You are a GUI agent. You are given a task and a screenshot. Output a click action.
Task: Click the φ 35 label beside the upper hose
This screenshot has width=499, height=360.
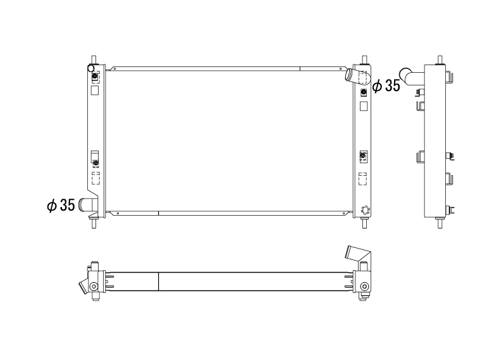(x=386, y=85)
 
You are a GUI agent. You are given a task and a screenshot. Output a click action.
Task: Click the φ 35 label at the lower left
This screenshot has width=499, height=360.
(x=61, y=205)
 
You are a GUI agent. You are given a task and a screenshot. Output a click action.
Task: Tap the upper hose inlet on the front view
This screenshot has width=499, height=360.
(x=358, y=77)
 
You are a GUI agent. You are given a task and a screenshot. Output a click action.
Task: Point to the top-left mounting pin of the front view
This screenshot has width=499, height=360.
(x=94, y=60)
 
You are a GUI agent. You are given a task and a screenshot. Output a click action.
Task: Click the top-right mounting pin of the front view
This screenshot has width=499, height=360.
(x=364, y=60)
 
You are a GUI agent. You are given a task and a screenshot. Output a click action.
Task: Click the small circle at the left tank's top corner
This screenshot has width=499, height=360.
(x=90, y=68)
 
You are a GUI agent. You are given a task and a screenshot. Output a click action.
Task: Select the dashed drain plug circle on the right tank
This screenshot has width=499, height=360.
(x=365, y=210)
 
